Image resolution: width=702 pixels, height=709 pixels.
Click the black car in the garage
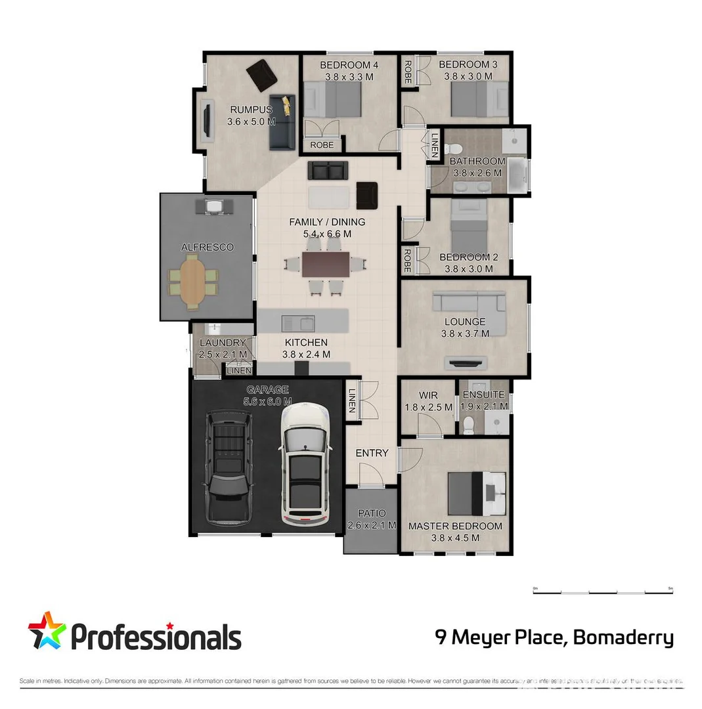pyautogui.click(x=228, y=467)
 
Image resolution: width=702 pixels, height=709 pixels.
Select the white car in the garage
pyautogui.click(x=306, y=463)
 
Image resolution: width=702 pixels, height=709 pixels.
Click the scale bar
pyautogui.click(x=603, y=591)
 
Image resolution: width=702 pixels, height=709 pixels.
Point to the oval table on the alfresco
pyautogui.click(x=192, y=282)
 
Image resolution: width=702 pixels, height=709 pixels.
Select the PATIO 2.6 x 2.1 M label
pyautogui.click(x=371, y=519)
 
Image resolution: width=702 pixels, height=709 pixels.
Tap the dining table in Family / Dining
pyautogui.click(x=326, y=264)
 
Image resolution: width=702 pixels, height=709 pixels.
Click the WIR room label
pyautogui.click(x=428, y=401)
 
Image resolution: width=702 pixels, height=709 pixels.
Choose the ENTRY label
pyautogui.click(x=372, y=453)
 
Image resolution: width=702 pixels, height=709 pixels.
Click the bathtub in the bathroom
pyautogui.click(x=519, y=175)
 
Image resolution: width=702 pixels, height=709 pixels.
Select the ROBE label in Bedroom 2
pyautogui.click(x=407, y=261)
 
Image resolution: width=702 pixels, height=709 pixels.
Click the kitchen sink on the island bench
pyautogui.click(x=298, y=322)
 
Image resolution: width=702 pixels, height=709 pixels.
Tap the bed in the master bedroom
pyautogui.click(x=477, y=493)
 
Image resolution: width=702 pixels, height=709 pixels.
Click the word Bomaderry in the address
pyautogui.click(x=623, y=637)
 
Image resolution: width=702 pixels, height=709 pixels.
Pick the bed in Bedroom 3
pyautogui.click(x=479, y=98)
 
